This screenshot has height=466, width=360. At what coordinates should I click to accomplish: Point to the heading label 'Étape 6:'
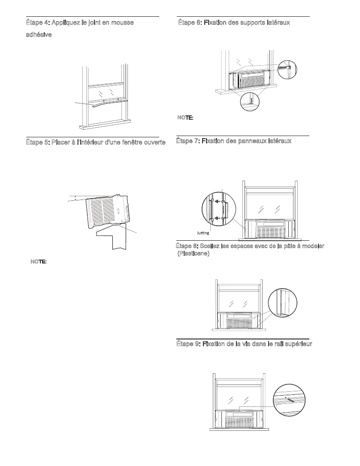click(x=189, y=22)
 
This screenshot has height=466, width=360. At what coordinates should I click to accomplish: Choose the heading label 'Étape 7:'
click(x=188, y=141)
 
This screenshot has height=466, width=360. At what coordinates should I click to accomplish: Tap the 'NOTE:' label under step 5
click(x=39, y=261)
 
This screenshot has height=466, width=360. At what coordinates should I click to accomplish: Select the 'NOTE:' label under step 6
click(x=185, y=117)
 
